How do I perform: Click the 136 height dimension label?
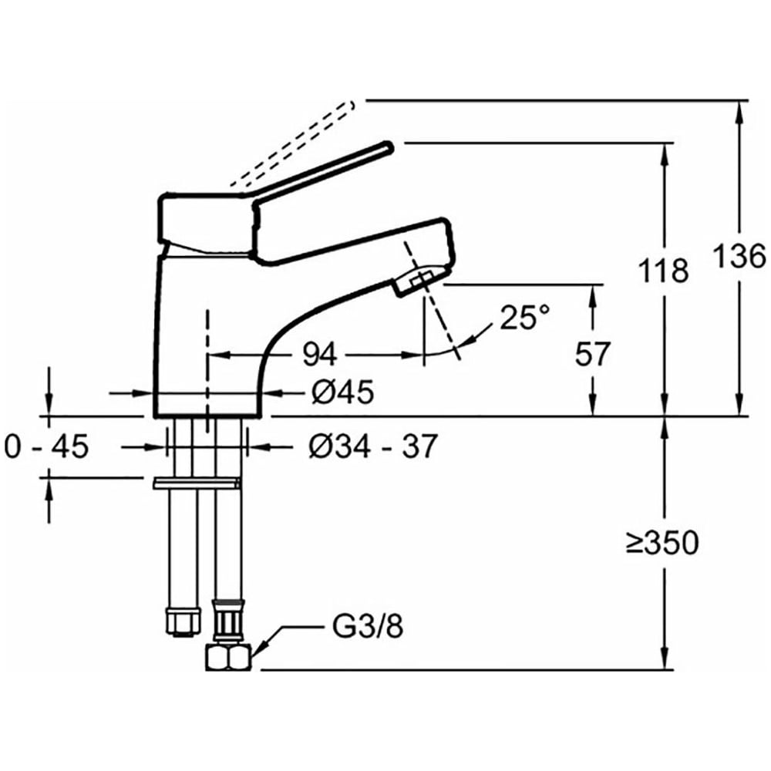click(739, 256)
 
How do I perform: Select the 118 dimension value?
click(663, 271)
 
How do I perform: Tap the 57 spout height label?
click(593, 354)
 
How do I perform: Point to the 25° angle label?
click(524, 317)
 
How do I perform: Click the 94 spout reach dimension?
click(319, 355)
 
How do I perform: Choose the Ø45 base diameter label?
click(343, 393)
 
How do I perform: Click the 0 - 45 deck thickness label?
click(47, 445)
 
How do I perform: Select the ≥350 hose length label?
click(662, 544)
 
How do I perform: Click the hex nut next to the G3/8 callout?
click(229, 659)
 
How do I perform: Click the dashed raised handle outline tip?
click(348, 104)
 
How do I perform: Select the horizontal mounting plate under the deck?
click(197, 483)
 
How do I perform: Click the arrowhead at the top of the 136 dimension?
click(740, 108)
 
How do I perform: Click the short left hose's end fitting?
click(181, 621)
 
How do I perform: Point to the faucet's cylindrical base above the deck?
click(207, 385)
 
